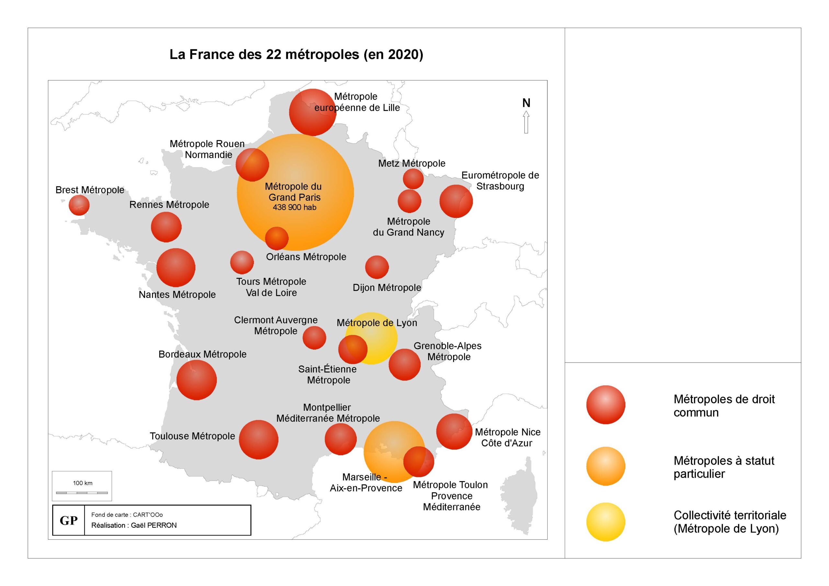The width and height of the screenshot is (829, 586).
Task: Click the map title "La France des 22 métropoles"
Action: [x=264, y=54]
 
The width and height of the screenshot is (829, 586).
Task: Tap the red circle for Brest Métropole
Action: [x=79, y=205]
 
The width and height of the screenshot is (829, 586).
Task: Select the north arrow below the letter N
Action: [x=526, y=122]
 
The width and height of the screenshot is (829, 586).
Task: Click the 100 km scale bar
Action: [x=82, y=492]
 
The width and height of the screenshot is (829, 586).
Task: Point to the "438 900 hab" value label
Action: [x=295, y=207]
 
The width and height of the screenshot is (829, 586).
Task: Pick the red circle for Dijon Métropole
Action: [x=377, y=267]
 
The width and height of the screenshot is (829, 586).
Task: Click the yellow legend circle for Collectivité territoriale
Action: [x=606, y=522]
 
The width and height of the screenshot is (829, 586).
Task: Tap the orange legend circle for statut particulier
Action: [x=606, y=466]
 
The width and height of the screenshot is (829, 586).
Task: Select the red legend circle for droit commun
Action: [x=606, y=405]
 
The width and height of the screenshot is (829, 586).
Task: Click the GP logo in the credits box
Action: [x=69, y=520]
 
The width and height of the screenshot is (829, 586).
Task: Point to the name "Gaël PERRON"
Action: [x=154, y=525]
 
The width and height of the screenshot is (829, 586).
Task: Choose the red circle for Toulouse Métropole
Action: [x=258, y=439]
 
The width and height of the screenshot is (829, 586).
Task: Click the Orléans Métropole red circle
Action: [x=277, y=238]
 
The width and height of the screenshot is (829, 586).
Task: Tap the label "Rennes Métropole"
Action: [x=169, y=205]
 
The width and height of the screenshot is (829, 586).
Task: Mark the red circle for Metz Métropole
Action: [x=413, y=179]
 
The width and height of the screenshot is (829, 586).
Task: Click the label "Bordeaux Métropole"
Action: [x=203, y=354]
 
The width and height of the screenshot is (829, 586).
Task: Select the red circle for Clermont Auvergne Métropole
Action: [x=314, y=338]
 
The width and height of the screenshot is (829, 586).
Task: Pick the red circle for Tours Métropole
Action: [x=242, y=263]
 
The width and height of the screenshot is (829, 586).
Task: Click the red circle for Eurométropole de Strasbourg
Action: [x=456, y=201]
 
